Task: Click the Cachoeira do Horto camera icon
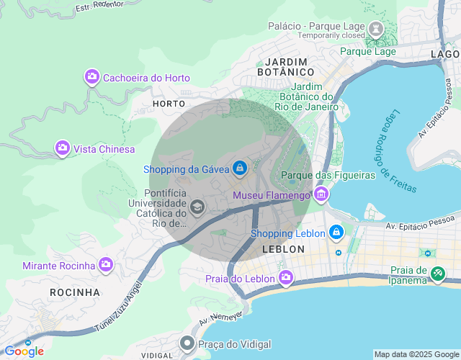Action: (91, 77)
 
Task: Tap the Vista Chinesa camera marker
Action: (63, 148)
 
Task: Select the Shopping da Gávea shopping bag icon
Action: (240, 169)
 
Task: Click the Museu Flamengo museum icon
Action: (321, 194)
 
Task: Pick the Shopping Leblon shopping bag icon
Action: (335, 233)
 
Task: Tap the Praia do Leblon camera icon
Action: (286, 278)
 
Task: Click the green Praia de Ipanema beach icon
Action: (438, 274)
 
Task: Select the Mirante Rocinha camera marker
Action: (106, 265)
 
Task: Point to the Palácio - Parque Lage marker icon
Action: (375, 30)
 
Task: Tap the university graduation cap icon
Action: (197, 208)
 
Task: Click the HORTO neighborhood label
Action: (169, 104)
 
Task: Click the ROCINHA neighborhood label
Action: (75, 292)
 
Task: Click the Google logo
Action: (24, 351)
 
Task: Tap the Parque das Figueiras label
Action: (328, 175)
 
